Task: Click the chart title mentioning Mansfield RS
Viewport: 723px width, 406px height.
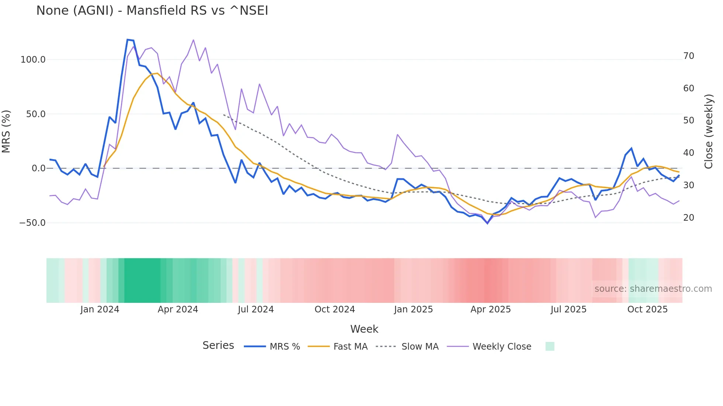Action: tap(152, 11)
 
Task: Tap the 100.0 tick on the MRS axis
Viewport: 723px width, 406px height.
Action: tap(33, 60)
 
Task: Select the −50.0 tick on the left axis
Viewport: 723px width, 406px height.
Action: tap(32, 223)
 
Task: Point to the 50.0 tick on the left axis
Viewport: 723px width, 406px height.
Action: tap(35, 114)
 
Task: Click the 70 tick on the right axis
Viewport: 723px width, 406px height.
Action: tap(688, 56)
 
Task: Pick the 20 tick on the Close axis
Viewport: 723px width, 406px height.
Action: tap(688, 218)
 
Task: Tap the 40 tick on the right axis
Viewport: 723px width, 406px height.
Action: tap(688, 153)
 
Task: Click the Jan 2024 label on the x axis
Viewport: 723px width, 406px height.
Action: tap(100, 309)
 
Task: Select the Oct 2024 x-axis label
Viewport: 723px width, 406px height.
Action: tap(335, 309)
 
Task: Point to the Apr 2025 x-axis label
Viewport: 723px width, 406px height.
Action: tap(490, 309)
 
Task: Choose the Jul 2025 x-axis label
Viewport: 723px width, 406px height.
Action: tap(568, 309)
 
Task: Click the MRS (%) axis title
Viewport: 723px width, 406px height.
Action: tap(6, 132)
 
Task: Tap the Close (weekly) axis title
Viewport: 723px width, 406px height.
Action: tap(709, 132)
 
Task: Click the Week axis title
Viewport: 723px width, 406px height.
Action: tap(364, 329)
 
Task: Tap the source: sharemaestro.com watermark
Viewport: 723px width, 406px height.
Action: tap(653, 289)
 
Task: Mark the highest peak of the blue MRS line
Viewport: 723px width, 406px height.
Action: tap(128, 40)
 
